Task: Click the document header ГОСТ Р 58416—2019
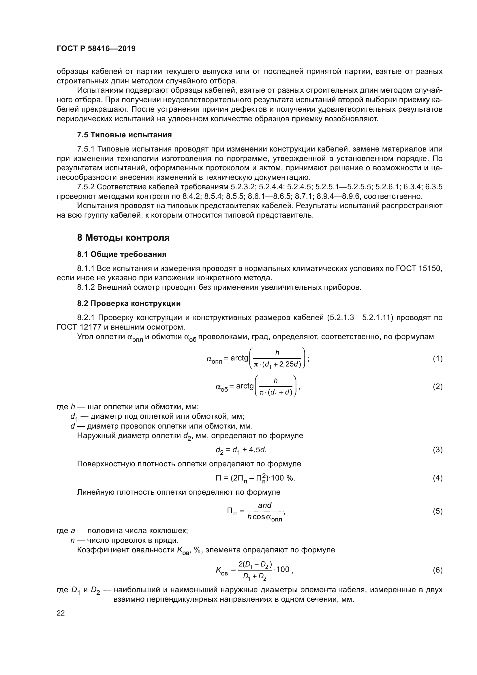(x=96, y=48)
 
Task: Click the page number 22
(x=61, y=613)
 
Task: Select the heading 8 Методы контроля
(x=123, y=238)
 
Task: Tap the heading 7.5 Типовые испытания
(x=124, y=135)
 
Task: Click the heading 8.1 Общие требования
(x=122, y=254)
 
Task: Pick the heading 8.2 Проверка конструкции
(x=129, y=303)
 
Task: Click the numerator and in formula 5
(x=265, y=505)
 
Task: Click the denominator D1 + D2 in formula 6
(x=255, y=577)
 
